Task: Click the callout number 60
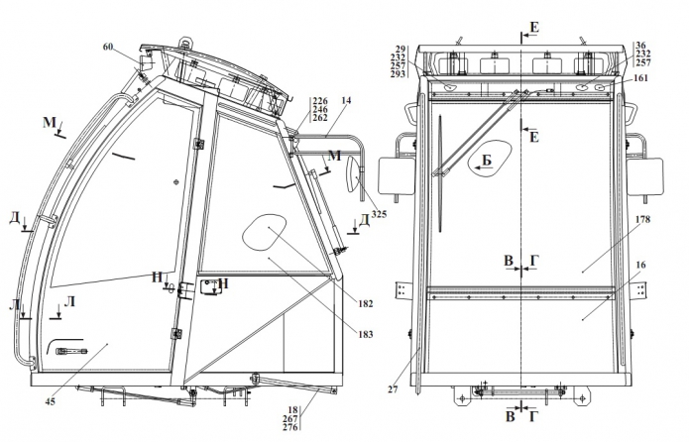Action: pos(109,47)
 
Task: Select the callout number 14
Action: pos(346,100)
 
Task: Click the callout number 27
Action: pos(393,389)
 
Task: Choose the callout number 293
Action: pos(400,74)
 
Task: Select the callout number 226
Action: pos(319,100)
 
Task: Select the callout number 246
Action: pos(319,109)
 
